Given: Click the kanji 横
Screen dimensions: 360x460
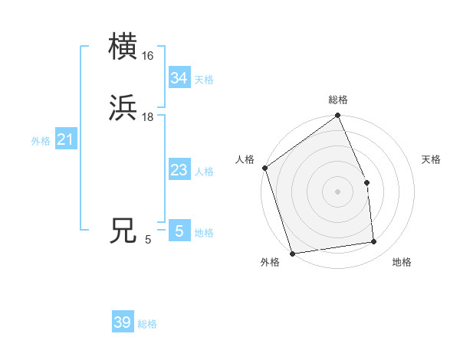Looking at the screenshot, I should click(123, 47).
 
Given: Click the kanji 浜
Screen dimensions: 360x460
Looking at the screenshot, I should click(123, 109).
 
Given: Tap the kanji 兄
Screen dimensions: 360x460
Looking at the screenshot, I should click(123, 231).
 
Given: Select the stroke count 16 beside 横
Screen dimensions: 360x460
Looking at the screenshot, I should click(148, 56).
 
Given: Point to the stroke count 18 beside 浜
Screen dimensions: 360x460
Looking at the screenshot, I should click(148, 117).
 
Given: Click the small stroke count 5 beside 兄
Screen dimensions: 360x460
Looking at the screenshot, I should click(148, 240).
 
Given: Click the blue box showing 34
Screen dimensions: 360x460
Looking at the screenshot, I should click(179, 78).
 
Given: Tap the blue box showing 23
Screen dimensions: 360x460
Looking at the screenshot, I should click(179, 170).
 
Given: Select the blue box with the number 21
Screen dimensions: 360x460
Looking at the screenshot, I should click(65, 139).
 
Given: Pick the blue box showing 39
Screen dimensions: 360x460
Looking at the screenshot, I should click(122, 322).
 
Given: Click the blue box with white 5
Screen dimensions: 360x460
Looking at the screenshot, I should click(179, 231).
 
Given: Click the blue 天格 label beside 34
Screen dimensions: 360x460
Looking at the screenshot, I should click(204, 80).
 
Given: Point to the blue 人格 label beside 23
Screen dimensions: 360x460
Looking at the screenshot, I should click(204, 172).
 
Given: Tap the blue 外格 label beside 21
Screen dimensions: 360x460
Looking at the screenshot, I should click(41, 141).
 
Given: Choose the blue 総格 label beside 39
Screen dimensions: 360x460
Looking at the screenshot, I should click(147, 324).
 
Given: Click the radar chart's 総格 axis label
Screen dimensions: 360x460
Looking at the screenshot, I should click(338, 100).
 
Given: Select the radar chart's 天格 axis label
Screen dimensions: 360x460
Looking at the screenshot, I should click(431, 159).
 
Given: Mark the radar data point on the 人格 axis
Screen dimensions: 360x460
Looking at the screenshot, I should click(264, 168).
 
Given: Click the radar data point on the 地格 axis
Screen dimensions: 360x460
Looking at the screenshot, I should click(374, 242).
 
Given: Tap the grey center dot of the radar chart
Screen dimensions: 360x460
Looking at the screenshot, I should click(338, 191).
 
